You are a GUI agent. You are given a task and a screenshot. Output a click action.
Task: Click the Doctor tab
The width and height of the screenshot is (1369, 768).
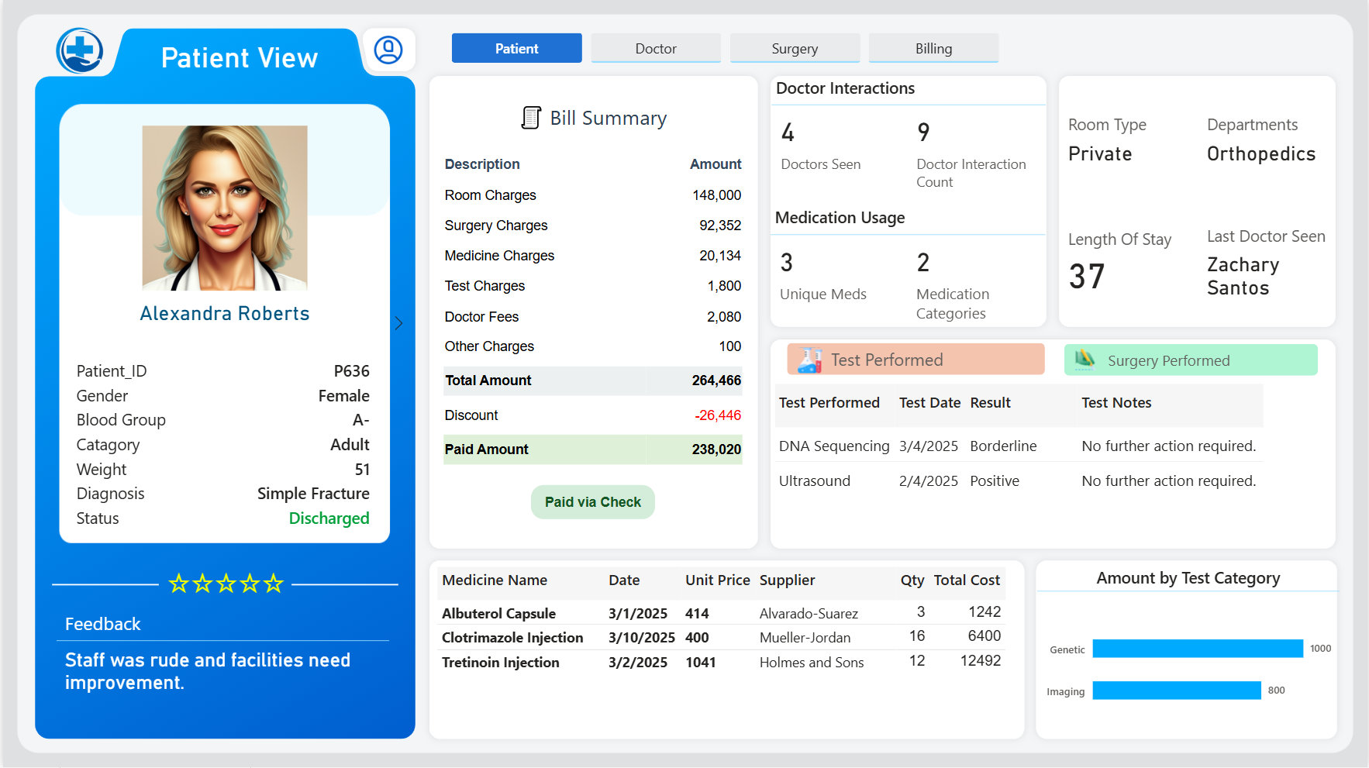[x=656, y=48]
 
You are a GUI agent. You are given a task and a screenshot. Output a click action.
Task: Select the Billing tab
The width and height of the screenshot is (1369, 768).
[x=933, y=48]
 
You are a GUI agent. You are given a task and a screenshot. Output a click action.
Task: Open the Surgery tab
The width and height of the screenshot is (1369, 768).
[x=795, y=48]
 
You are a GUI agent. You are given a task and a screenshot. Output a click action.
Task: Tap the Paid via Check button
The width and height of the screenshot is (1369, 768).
[x=593, y=502]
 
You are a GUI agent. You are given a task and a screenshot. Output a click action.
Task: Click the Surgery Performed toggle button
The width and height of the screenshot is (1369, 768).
[x=1191, y=360]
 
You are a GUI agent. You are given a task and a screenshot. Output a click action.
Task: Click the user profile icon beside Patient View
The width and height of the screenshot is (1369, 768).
[x=388, y=50]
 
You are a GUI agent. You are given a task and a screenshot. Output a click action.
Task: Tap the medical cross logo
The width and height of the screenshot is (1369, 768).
[x=80, y=51]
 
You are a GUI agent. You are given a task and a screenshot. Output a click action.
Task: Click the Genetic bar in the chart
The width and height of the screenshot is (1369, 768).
[x=1198, y=649]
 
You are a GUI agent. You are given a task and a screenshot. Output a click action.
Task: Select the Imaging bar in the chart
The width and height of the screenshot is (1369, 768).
[x=1177, y=691]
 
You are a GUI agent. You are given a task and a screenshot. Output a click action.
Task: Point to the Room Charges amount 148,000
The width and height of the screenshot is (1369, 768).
[x=717, y=195]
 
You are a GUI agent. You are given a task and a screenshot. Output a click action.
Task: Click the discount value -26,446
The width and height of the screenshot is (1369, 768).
[x=718, y=415]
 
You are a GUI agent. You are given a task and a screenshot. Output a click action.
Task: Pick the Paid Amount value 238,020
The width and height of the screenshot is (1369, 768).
[x=716, y=449]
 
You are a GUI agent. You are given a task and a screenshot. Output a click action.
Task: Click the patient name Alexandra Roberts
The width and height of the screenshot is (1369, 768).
[x=225, y=314]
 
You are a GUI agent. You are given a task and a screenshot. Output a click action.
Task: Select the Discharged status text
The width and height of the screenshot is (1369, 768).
[x=329, y=518]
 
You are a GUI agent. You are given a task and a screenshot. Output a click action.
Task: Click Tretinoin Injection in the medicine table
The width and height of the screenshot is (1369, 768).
[x=501, y=663]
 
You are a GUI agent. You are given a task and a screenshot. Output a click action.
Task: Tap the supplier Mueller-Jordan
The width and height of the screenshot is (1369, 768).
[x=805, y=638]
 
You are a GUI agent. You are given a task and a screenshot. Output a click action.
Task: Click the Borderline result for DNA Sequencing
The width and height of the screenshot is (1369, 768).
[x=1003, y=446]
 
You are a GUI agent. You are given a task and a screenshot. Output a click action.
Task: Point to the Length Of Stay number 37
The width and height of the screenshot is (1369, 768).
[x=1087, y=277]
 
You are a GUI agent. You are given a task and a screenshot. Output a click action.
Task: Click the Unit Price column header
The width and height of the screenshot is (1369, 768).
[x=718, y=580]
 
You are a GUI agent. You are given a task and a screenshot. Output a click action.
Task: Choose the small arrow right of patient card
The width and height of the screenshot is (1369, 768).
[x=398, y=323]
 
